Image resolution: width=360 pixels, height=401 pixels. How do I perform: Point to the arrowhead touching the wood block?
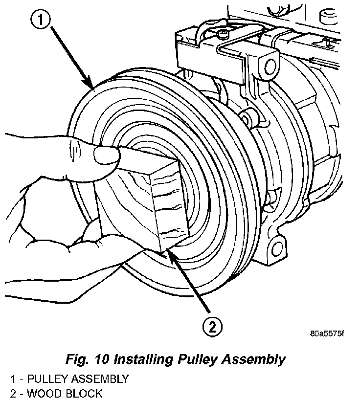point(170,252)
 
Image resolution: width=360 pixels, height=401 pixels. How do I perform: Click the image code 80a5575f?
point(327,334)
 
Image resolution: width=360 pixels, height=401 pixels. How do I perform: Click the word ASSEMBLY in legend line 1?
point(97,379)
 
